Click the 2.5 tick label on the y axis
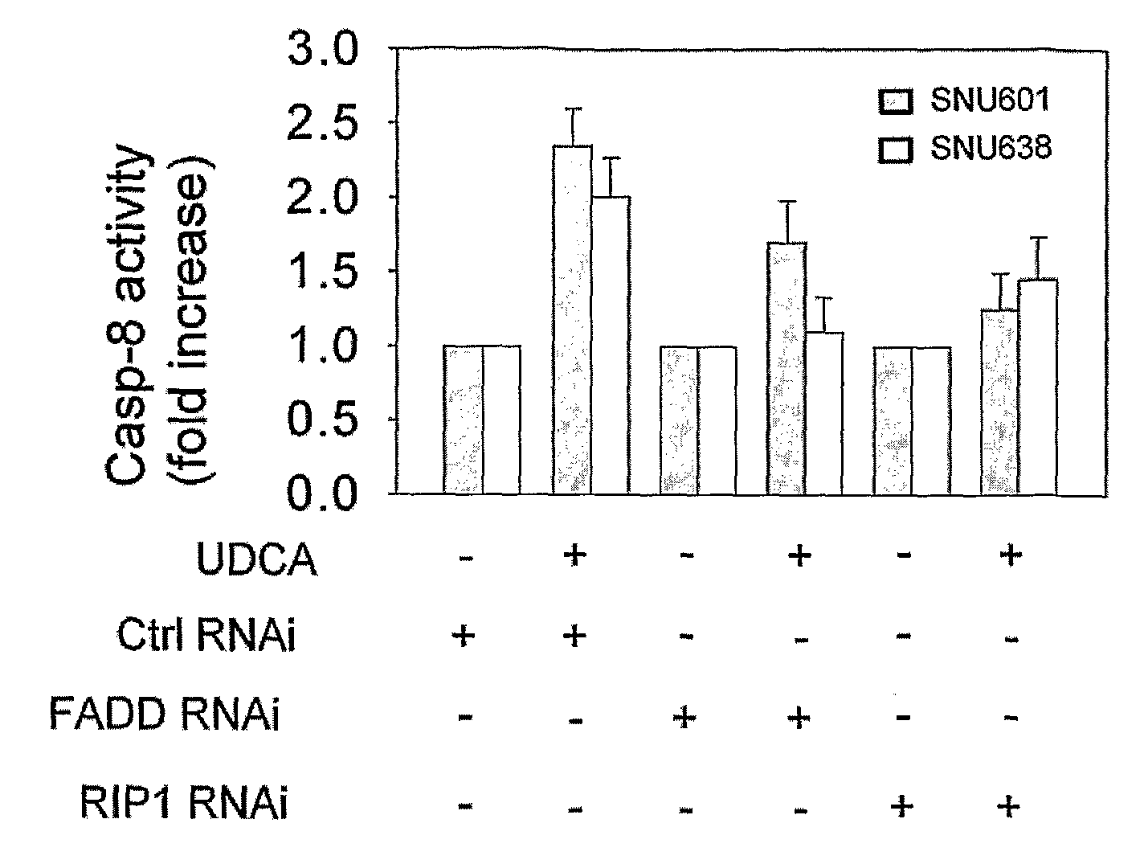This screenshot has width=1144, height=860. pyautogui.click(x=322, y=123)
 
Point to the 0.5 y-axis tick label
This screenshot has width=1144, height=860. pyautogui.click(x=322, y=419)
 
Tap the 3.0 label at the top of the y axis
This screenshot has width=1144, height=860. pyautogui.click(x=322, y=49)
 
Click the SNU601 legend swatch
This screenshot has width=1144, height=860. pyautogui.click(x=896, y=101)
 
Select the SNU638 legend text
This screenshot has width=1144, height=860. pyautogui.click(x=991, y=148)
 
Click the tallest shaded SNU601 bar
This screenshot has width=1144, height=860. pyautogui.click(x=572, y=320)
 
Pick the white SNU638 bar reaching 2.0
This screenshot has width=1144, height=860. pyautogui.click(x=611, y=345)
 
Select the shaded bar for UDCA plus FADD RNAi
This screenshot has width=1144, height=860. pyautogui.click(x=786, y=367)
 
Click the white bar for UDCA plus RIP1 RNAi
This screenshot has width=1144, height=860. pyautogui.click(x=1038, y=387)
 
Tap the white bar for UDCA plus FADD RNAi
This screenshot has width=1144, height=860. pyautogui.click(x=824, y=413)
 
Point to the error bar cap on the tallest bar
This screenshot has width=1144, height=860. pyautogui.click(x=573, y=109)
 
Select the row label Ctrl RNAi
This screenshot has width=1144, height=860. pyautogui.click(x=206, y=636)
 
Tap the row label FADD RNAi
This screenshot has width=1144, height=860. pyautogui.click(x=164, y=714)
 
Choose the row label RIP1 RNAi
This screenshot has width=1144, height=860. pyautogui.click(x=183, y=804)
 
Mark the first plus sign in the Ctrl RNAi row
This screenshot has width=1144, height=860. pyautogui.click(x=464, y=637)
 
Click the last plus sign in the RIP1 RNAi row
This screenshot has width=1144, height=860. pyautogui.click(x=1008, y=807)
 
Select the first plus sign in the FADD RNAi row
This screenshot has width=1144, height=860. pyautogui.click(x=684, y=717)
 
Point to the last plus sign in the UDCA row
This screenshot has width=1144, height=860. pyautogui.click(x=1011, y=555)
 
